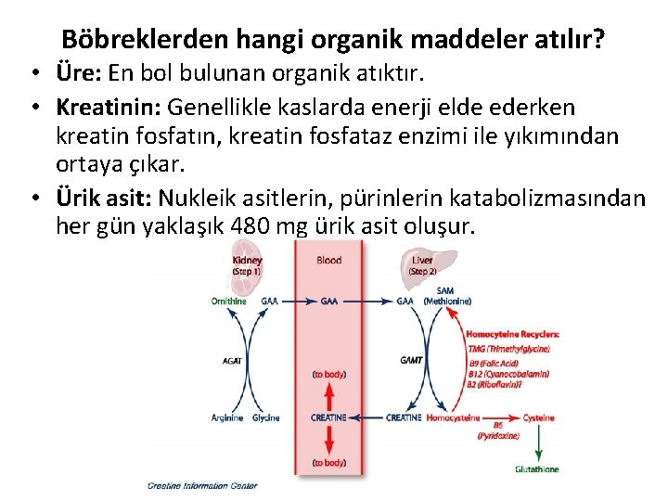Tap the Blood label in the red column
pyautogui.click(x=329, y=261)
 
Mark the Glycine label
pyautogui.click(x=265, y=417)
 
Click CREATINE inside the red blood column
pyautogui.click(x=329, y=417)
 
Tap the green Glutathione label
pyautogui.click(x=537, y=469)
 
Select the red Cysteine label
pyautogui.click(x=538, y=417)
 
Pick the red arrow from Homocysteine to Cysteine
pyautogui.click(x=502, y=417)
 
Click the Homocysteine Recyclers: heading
pyautogui.click(x=512, y=334)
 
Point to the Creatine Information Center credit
pyautogui.click(x=201, y=485)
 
